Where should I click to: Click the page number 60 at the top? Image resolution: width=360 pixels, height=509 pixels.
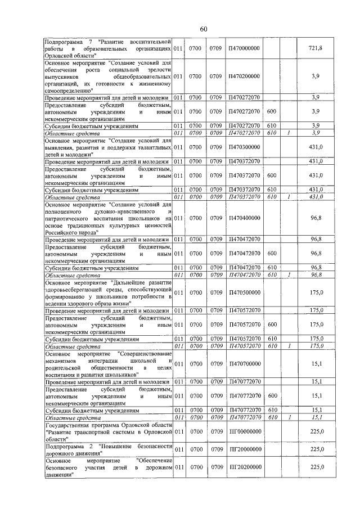pyautogui.click(x=204, y=29)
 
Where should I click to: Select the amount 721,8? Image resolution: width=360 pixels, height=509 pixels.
pyautogui.click(x=316, y=49)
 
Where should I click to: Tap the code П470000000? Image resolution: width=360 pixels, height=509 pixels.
pyautogui.click(x=244, y=49)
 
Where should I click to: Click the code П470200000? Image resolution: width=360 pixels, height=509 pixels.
pyautogui.click(x=244, y=76)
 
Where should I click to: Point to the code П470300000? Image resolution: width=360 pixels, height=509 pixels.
pyautogui.click(x=244, y=147)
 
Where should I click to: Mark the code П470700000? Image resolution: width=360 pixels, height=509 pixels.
pyautogui.click(x=244, y=364)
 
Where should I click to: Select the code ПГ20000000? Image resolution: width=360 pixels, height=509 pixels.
pyautogui.click(x=244, y=449)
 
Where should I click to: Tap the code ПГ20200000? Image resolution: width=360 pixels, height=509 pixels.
pyautogui.click(x=244, y=467)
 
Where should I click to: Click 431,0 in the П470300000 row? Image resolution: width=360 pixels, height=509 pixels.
pyautogui.click(x=316, y=147)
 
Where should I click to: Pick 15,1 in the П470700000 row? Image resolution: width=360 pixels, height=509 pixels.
pyautogui.click(x=316, y=364)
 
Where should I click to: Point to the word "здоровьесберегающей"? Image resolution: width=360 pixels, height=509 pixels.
pyautogui.click(x=76, y=289)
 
